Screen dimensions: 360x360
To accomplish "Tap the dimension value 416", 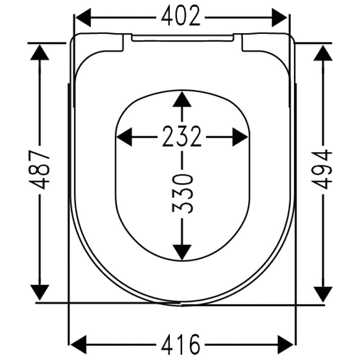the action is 180,345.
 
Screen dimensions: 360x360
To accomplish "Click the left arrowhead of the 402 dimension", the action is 83,18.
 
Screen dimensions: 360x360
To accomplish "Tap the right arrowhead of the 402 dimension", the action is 279,18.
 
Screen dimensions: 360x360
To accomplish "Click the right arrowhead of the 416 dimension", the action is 285,345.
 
